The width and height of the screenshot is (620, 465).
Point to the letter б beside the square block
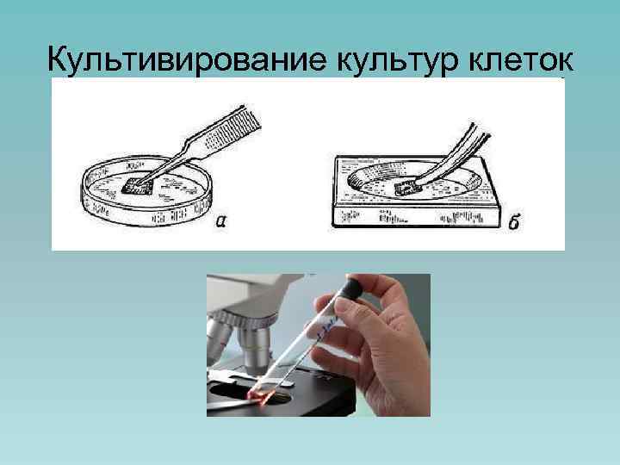click(x=513, y=223)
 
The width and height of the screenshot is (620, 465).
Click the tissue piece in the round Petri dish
click(x=139, y=183)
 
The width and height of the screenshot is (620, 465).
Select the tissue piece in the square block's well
click(x=406, y=189)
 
